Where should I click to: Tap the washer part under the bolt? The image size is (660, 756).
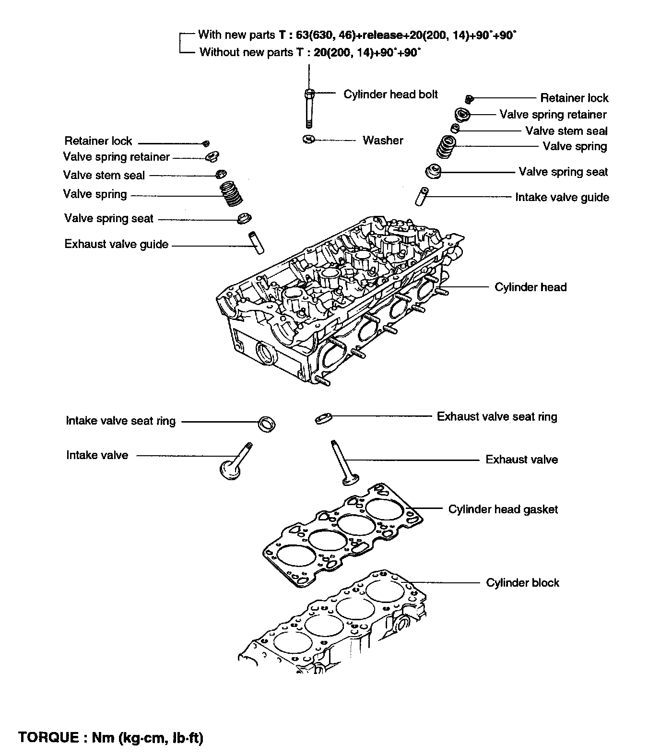tap(308, 140)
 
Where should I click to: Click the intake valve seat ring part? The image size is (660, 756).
tap(267, 424)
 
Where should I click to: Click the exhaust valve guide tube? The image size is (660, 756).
tap(255, 243)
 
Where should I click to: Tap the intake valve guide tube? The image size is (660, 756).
tap(422, 197)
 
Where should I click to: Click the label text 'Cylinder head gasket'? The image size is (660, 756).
tap(503, 509)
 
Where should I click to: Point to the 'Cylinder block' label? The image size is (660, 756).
tap(522, 582)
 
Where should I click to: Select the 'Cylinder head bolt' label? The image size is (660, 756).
tap(390, 94)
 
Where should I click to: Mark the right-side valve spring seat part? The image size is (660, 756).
tap(434, 172)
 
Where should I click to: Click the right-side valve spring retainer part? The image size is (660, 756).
tap(462, 115)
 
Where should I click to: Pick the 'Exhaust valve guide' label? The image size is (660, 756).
tap(117, 244)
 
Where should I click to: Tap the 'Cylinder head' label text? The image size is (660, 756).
tap(530, 287)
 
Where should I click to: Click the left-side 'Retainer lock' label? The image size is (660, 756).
tap(98, 141)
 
